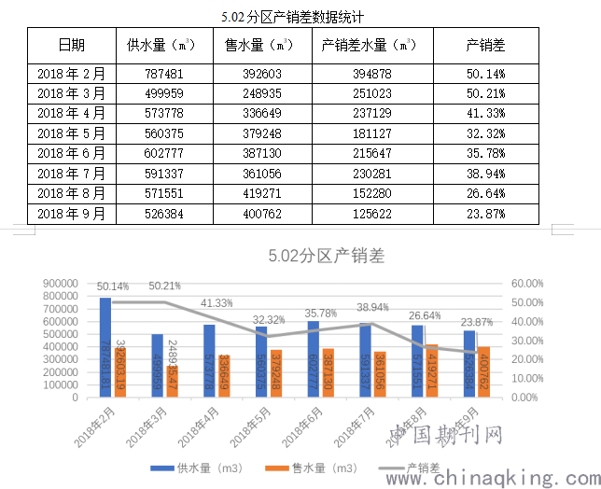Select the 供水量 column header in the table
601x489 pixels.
coord(161,45)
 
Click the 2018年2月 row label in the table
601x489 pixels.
coord(72,73)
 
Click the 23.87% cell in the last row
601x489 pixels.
coord(485,214)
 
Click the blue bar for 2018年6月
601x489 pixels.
coord(314,359)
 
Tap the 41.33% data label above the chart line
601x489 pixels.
coord(217,303)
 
